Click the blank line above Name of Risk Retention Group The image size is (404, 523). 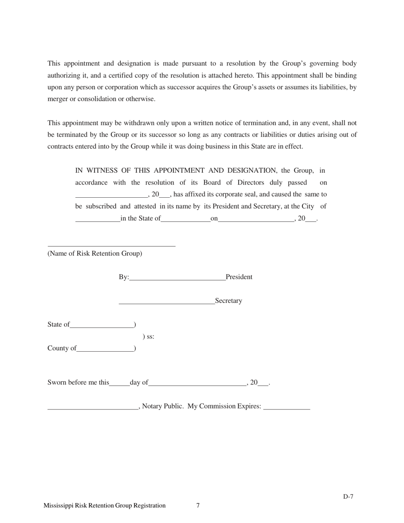111,245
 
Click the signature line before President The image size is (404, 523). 177,280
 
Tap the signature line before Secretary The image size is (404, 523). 167,304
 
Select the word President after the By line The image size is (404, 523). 239,277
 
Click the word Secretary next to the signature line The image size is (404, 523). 228,301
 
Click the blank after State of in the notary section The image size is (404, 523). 102,327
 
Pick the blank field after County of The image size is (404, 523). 105,351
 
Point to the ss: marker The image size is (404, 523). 148,337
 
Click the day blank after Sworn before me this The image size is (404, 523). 119,385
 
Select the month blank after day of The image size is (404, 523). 197,385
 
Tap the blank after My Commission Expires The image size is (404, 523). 287,409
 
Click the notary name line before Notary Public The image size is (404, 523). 93,409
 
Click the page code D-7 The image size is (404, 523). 348,497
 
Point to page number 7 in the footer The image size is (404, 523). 198,506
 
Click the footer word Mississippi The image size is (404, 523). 58,506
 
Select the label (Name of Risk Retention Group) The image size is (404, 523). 95,253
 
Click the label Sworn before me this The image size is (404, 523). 78,382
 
